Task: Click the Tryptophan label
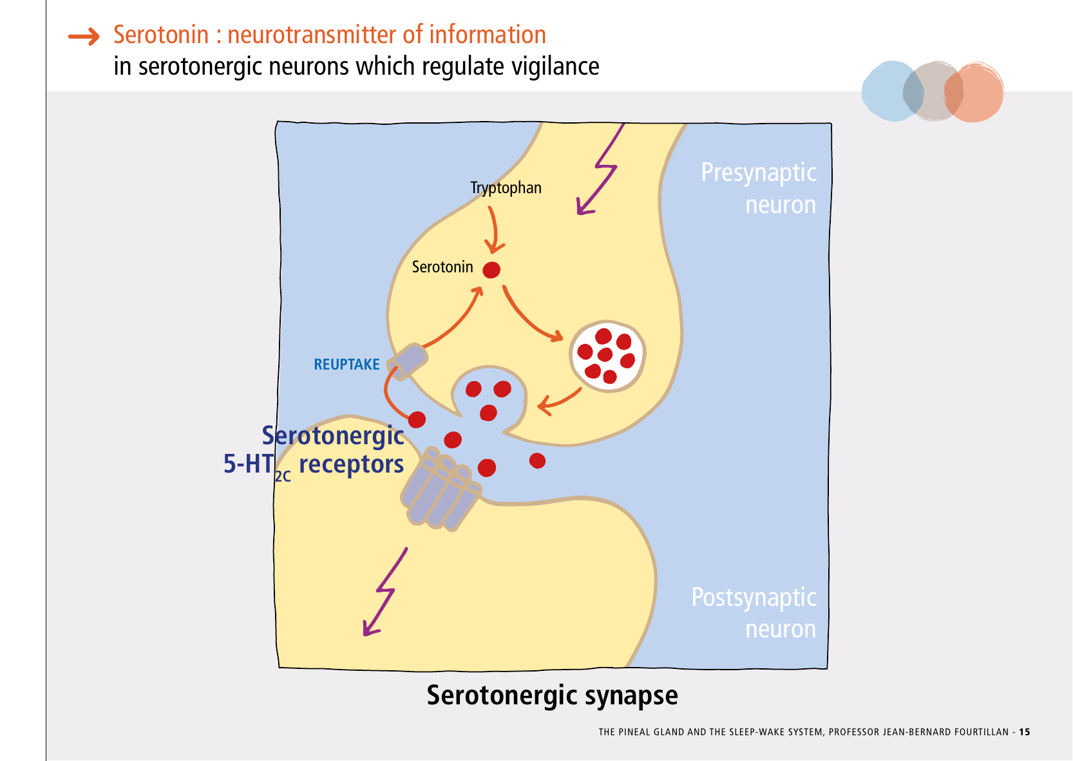[506, 188]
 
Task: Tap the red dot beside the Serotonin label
[491, 270]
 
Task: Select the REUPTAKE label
[347, 365]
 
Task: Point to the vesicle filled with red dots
[607, 357]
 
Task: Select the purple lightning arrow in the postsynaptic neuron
[385, 592]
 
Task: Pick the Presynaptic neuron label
[759, 188]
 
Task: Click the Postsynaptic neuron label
[754, 613]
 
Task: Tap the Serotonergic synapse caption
[552, 696]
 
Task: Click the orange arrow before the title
[84, 37]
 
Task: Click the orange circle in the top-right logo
[975, 93]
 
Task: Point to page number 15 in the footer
[1024, 732]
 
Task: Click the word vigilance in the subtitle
[555, 66]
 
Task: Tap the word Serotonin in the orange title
[161, 35]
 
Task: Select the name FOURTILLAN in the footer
[978, 732]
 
